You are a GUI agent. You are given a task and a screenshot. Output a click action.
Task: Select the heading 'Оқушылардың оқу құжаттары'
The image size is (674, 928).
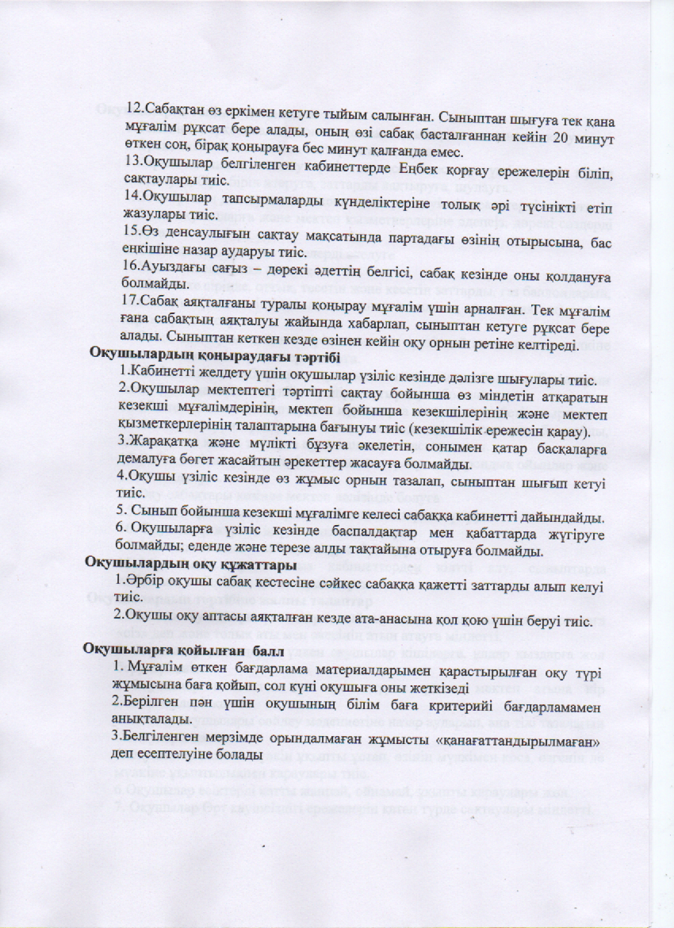[190, 565]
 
